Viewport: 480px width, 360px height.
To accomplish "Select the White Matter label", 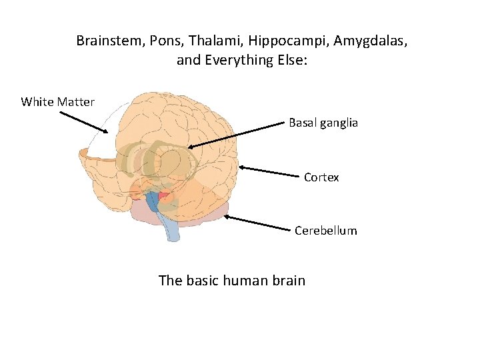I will [58, 102].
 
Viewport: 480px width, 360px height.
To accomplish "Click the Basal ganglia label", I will [323, 123].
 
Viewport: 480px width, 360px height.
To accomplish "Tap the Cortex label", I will [321, 177].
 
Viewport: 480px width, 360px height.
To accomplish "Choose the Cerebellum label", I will [326, 231].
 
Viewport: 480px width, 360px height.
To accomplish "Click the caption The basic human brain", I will [232, 280].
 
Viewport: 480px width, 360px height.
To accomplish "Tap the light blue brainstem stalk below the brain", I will [171, 227].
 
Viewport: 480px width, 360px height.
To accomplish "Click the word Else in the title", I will [293, 61].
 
